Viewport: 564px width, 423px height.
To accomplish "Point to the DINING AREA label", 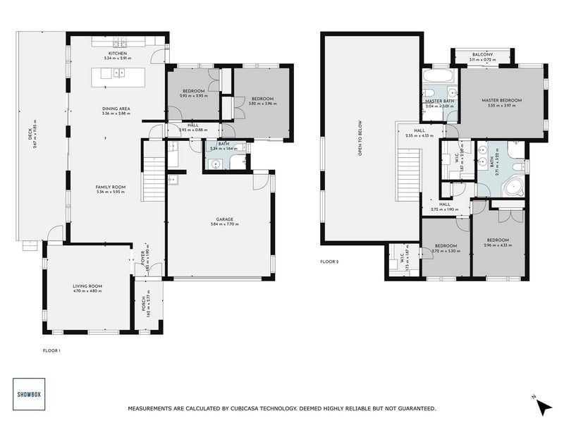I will [x=116, y=109].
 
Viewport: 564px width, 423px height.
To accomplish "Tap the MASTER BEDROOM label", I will [x=502, y=101].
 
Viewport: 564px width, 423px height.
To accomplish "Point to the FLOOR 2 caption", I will [x=329, y=262].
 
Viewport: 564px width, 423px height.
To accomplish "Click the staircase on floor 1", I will [x=154, y=179].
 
